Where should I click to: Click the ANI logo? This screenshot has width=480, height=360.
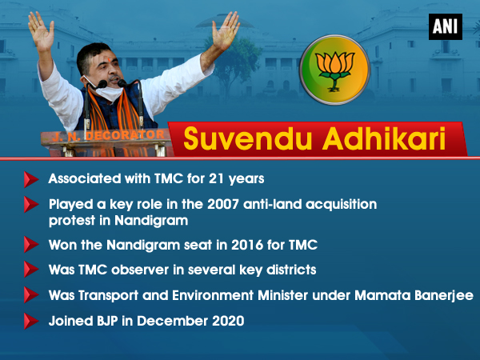446,26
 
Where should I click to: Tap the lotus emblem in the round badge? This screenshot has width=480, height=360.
335,70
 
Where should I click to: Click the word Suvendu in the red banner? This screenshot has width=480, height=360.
246,139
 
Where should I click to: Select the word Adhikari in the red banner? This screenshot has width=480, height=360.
384,138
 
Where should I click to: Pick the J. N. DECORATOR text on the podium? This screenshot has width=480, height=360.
108,135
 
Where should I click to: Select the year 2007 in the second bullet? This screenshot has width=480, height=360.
223,204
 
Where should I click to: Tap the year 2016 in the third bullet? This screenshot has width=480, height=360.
247,245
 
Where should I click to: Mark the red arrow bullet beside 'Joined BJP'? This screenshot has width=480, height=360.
31,321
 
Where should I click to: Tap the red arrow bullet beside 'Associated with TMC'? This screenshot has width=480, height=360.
31,179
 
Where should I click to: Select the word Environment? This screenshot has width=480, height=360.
213,295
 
